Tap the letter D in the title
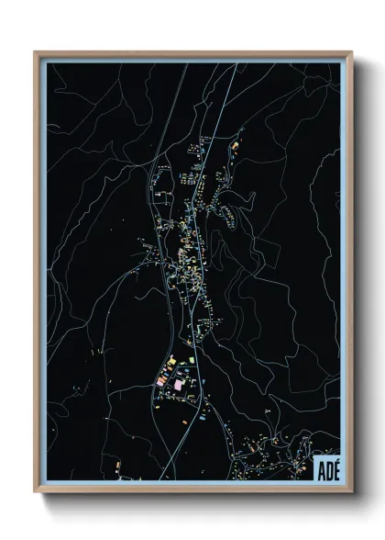tap(327, 468)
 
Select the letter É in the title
tap(335, 469)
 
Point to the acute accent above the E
tap(335, 462)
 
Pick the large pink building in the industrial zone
tap(178, 386)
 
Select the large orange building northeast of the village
tap(235, 146)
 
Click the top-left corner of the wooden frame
tap(36, 52)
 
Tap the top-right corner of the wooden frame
tap(349, 52)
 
